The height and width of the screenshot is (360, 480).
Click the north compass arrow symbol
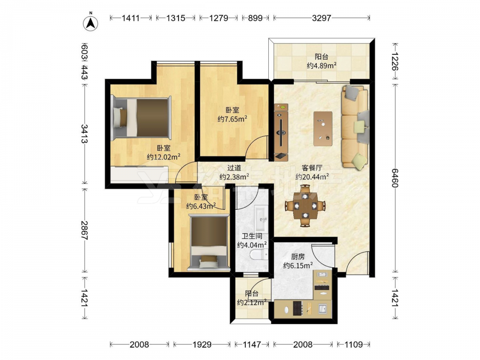coord(91,22)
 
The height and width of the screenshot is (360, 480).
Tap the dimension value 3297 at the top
coord(322,18)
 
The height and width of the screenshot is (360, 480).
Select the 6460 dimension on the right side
coord(395,178)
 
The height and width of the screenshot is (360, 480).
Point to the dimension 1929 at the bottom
coord(202,345)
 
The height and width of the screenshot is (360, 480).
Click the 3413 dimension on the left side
coord(84,133)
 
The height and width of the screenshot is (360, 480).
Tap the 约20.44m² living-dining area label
coord(312,177)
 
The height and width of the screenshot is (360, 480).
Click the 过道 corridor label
coord(234,168)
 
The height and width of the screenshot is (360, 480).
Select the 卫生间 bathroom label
coord(252,236)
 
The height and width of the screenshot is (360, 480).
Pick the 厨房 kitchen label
coord(298,257)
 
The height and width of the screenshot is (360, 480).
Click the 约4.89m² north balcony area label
coord(322,65)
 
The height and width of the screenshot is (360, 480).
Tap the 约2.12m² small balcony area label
coord(252,302)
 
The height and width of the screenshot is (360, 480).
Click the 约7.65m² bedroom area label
coord(232,119)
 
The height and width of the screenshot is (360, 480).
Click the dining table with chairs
coord(305,206)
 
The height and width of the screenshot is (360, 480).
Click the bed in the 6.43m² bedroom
coord(209,242)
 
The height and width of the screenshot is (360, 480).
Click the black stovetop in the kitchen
coord(297,308)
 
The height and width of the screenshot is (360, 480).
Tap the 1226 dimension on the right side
coord(395,61)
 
